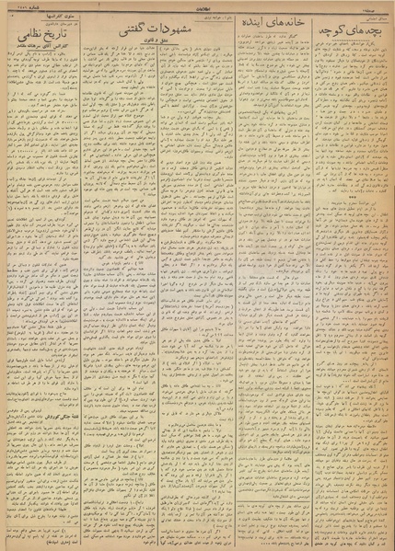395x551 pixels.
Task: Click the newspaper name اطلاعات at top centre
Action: (x=196, y=6)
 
